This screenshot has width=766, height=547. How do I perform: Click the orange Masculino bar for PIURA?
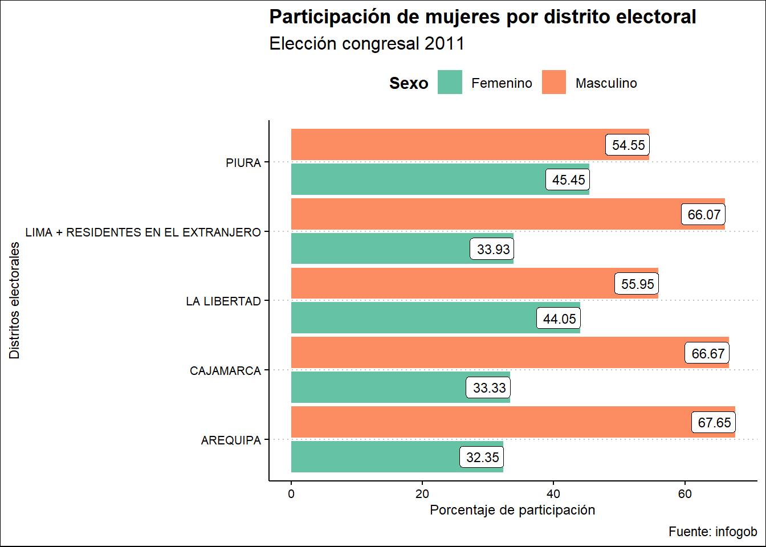pos(445,144)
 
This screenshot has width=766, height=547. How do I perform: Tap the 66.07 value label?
pos(704,215)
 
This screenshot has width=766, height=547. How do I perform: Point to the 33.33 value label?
pos(489,388)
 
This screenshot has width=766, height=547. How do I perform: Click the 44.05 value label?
pos(559,319)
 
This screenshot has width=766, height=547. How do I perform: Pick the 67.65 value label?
pos(714,423)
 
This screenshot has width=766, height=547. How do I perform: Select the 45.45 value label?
pos(568,180)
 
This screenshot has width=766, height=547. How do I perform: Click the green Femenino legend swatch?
pos(450,83)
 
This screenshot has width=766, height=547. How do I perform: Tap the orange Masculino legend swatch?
pos(554,83)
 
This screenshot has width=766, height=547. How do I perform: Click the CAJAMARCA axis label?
pos(225,371)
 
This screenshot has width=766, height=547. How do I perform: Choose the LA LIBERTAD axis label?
pos(223,301)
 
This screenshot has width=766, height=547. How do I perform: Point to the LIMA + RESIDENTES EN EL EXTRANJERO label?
pos(143,232)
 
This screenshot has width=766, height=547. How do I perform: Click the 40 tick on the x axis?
pos(553,494)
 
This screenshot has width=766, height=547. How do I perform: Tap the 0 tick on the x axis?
pos(291,494)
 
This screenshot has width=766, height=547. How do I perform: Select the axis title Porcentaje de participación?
pos(512,510)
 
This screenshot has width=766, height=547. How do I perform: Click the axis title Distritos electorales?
pos(15,300)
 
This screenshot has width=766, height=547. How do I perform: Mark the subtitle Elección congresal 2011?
pos(367,44)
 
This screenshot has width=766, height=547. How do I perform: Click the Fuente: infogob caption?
pos(712,532)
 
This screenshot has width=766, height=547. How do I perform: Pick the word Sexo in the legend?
pos(409,83)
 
